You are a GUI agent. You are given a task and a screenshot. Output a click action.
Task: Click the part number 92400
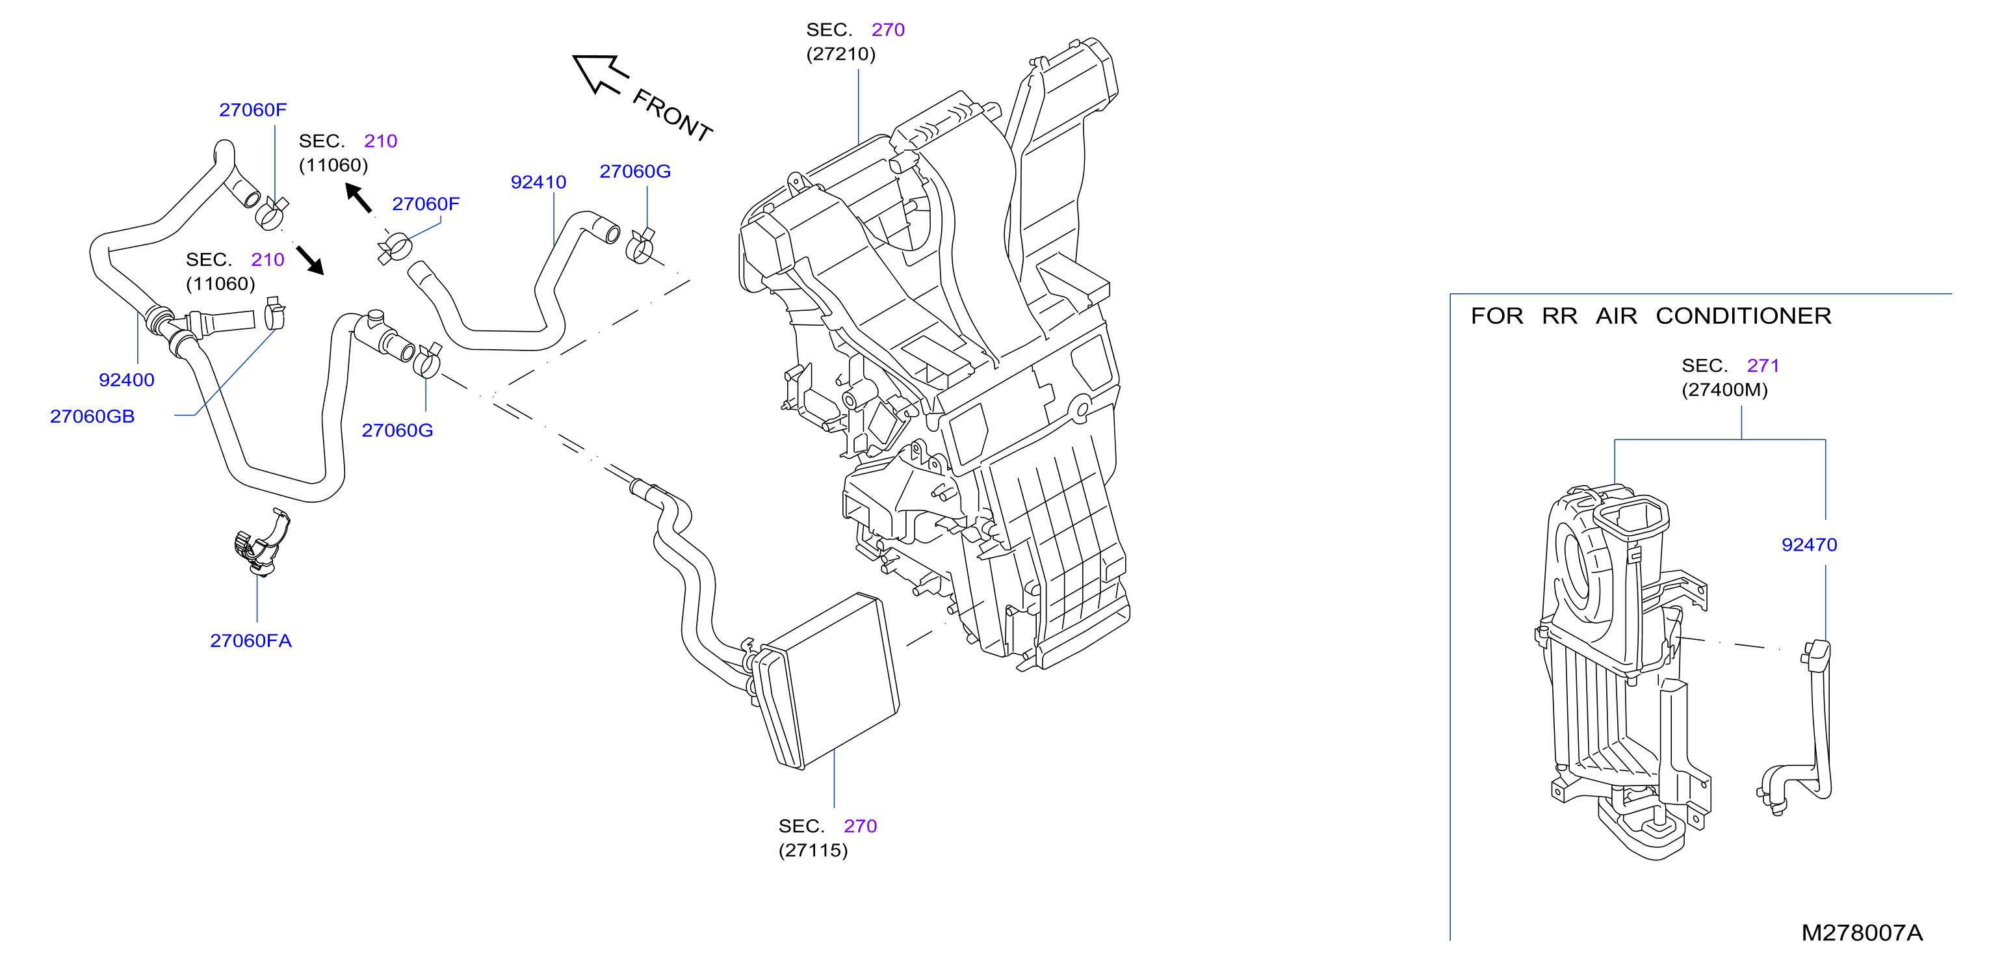click(127, 380)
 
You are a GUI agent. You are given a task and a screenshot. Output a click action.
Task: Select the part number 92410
click(539, 182)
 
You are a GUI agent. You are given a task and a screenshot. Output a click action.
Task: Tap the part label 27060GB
click(92, 417)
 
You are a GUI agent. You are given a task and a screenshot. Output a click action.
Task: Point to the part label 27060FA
click(251, 641)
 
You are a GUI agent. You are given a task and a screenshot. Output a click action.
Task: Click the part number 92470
click(1809, 545)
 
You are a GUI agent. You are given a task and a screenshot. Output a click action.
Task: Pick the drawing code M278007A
click(1862, 933)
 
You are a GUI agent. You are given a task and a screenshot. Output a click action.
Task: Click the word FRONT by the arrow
click(672, 115)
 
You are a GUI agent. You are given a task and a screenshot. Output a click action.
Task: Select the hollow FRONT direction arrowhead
click(600, 73)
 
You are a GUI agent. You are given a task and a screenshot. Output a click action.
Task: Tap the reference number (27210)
click(841, 54)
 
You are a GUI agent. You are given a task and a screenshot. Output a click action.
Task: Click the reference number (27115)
click(813, 850)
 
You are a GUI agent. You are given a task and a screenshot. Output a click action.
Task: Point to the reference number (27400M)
click(1724, 390)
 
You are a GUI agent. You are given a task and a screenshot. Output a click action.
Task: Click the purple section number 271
click(1763, 365)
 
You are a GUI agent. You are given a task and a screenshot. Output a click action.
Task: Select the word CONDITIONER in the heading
click(1743, 315)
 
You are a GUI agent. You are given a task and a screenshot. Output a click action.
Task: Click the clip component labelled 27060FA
click(261, 544)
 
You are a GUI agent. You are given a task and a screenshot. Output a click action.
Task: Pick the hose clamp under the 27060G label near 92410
click(640, 246)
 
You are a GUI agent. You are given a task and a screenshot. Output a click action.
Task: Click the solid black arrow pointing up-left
click(358, 198)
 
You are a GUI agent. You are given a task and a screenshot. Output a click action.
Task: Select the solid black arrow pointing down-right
click(310, 261)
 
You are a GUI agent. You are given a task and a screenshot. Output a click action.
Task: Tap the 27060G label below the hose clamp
click(397, 430)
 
